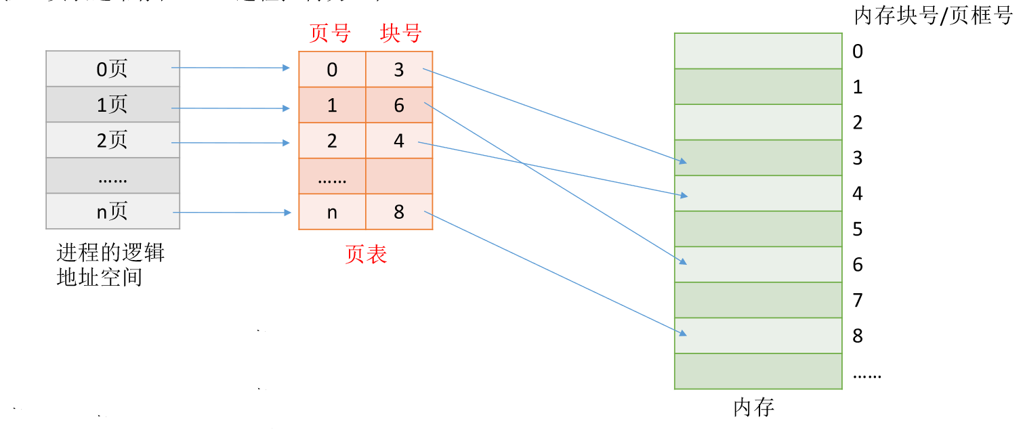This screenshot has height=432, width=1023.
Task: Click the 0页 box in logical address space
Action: (x=112, y=68)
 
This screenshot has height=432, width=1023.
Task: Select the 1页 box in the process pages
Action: (x=112, y=104)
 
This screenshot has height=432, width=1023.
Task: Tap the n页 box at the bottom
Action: (x=112, y=211)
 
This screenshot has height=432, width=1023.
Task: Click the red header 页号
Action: (x=330, y=33)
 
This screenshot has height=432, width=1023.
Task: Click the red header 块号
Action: (x=400, y=33)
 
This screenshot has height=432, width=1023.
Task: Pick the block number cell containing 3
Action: (x=399, y=70)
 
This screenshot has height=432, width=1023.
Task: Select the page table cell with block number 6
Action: (x=399, y=105)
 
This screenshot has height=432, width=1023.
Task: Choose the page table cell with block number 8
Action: (x=399, y=212)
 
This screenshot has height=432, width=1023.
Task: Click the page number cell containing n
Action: (x=332, y=212)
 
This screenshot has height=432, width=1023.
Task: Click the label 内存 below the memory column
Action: (x=753, y=408)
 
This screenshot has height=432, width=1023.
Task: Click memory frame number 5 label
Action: (x=858, y=230)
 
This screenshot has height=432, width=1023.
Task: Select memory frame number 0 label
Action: (x=858, y=51)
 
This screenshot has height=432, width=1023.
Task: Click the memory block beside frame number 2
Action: (x=758, y=123)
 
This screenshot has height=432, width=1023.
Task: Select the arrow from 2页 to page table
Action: (x=230, y=143)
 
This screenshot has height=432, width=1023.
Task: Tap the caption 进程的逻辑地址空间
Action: (x=110, y=265)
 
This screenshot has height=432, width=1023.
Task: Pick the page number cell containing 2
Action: (x=332, y=141)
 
